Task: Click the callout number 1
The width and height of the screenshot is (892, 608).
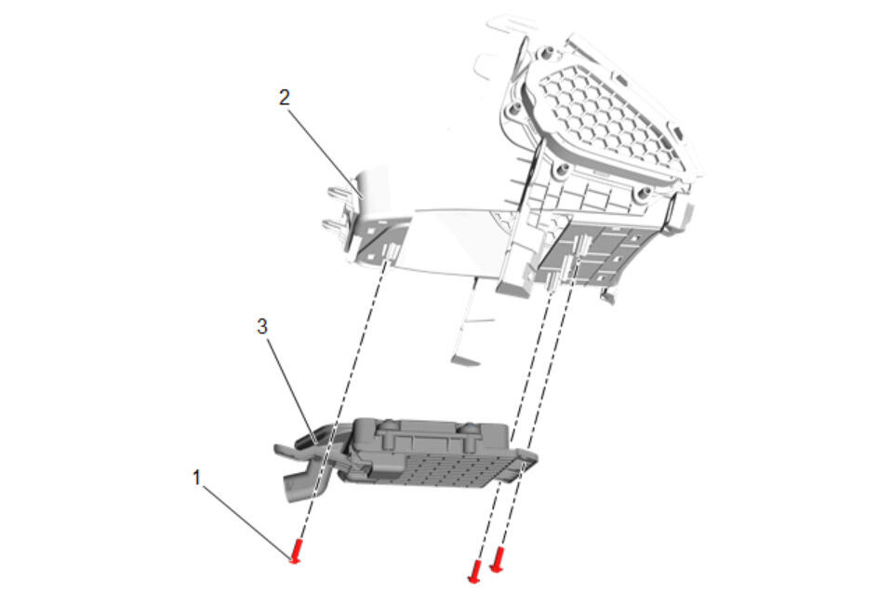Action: click(197, 477)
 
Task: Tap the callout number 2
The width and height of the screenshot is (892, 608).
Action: click(285, 98)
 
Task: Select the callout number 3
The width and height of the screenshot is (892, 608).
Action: click(261, 327)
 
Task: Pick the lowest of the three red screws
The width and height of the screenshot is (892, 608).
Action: click(474, 571)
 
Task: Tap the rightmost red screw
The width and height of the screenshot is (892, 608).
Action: click(498, 559)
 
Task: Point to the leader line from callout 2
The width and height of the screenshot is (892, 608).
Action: click(326, 153)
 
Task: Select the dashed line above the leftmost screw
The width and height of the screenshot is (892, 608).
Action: click(344, 400)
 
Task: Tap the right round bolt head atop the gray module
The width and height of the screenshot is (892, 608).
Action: click(470, 427)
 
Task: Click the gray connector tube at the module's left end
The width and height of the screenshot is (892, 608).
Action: click(298, 487)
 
